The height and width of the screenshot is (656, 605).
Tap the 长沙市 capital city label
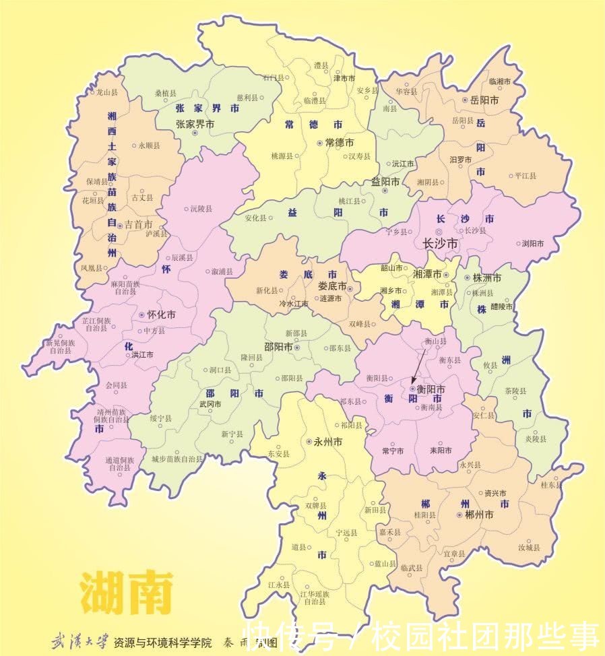(439, 243)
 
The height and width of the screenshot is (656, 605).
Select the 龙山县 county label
(106, 92)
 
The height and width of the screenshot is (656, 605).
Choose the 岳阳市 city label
(484, 100)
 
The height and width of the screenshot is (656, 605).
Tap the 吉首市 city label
(139, 224)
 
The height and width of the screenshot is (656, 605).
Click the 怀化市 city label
(162, 315)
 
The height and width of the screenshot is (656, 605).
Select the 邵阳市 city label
(278, 348)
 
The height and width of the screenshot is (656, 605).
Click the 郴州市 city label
(479, 514)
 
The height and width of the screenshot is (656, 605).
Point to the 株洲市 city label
(486, 277)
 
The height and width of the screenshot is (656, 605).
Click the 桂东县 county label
(550, 484)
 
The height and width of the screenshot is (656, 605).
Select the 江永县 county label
(278, 585)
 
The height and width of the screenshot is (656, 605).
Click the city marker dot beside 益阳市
(385, 191)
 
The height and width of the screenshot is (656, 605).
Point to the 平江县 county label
(525, 176)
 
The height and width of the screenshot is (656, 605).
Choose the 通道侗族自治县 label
(118, 463)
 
